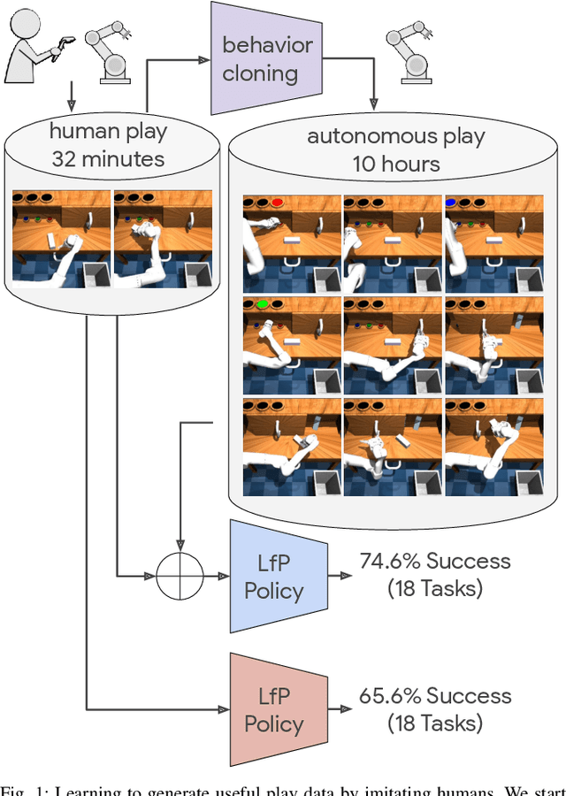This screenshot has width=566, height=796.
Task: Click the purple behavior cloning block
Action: (x=266, y=58)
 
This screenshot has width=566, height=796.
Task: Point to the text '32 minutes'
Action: (x=107, y=159)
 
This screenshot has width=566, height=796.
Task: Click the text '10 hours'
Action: (x=396, y=165)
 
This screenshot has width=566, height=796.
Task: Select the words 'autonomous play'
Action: (x=396, y=137)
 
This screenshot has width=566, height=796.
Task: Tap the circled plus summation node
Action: (x=180, y=577)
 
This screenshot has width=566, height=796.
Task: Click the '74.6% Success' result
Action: (x=434, y=562)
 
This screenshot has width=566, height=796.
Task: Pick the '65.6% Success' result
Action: (x=434, y=695)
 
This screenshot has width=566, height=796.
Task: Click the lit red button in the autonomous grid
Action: (x=278, y=203)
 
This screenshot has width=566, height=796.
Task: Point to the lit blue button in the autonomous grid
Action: (x=452, y=203)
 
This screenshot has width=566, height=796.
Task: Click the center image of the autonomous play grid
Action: (x=392, y=345)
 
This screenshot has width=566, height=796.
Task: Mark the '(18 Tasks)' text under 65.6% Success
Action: (x=434, y=723)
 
